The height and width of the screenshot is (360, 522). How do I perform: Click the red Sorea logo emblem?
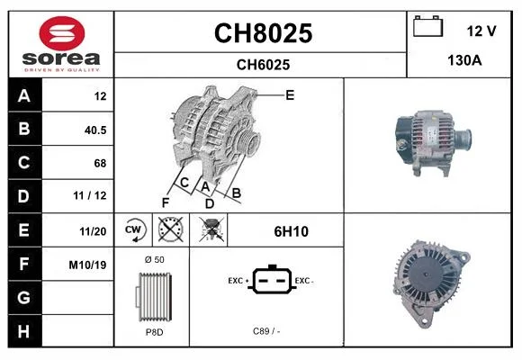(x=62, y=33)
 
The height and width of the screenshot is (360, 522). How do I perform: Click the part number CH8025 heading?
(x=263, y=33)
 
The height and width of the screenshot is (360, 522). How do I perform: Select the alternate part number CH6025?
(x=263, y=65)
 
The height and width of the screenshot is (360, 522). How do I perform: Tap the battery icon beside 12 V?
(x=427, y=26)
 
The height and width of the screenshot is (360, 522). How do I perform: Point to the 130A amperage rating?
(x=464, y=60)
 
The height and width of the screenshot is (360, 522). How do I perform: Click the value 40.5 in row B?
(x=95, y=130)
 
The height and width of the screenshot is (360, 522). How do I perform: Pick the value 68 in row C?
(x=100, y=163)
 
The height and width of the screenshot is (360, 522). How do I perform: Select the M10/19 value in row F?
(x=87, y=265)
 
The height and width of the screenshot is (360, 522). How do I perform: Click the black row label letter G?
(x=23, y=297)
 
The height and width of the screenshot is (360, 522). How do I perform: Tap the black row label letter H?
(x=23, y=331)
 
